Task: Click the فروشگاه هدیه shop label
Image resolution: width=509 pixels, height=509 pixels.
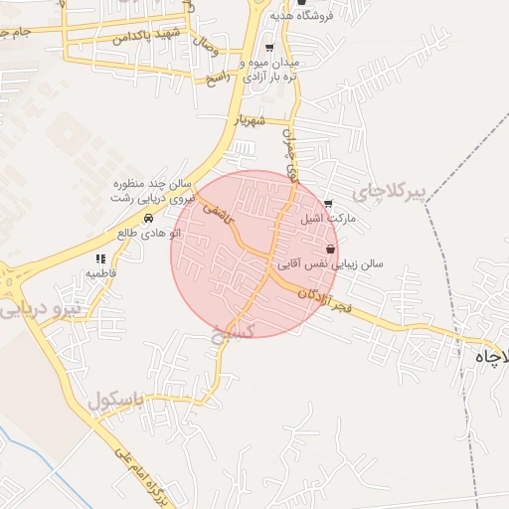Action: pos(347,15)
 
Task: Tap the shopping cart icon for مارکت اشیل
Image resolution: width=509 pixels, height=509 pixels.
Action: pos(329,205)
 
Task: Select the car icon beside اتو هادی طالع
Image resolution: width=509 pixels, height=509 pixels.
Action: pos(148,218)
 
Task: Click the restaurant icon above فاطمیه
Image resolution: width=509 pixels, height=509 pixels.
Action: pos(100,258)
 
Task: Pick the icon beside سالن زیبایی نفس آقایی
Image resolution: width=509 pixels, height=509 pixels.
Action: pos(329,249)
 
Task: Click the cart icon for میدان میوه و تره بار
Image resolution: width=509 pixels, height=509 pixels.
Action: pos(269,48)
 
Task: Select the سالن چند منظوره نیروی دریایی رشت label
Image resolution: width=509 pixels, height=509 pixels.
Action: pos(149,192)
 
